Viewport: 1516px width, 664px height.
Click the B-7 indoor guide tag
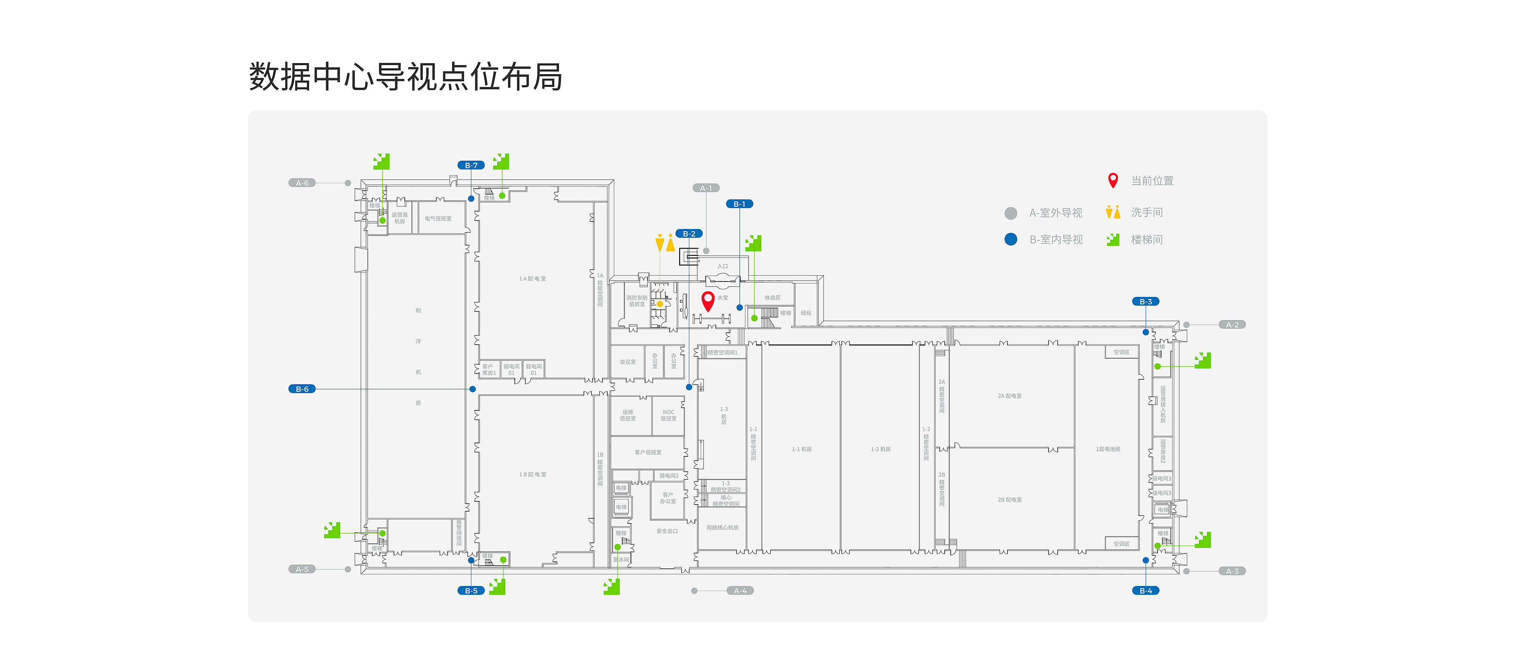point(471,165)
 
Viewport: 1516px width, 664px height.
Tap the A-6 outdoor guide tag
point(302,183)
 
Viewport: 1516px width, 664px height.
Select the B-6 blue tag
point(302,389)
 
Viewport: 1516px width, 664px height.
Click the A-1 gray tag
point(705,188)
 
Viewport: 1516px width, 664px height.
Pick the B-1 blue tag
point(739,204)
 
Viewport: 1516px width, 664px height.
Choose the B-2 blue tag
point(689,234)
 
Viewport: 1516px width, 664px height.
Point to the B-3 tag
point(1145,301)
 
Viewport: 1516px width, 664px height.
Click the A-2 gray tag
point(1232,325)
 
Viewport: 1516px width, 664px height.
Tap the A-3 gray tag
point(1232,571)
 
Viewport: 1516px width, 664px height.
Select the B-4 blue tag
point(1145,591)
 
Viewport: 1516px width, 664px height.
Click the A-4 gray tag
point(740,591)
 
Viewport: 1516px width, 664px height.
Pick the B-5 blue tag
point(471,591)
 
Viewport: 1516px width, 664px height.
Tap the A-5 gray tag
point(302,569)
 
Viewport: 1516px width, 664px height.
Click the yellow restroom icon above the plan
point(665,242)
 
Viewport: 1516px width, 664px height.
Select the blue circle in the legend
point(1011,239)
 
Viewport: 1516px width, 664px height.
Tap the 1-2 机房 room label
point(880,449)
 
